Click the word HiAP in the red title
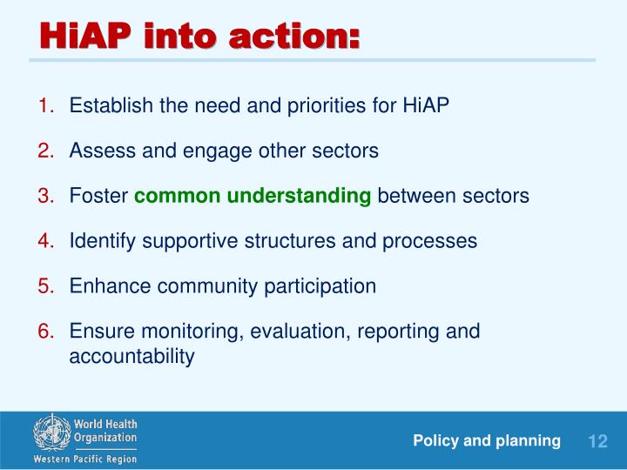tap(85, 36)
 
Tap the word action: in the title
tap(294, 37)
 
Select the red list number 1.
tap(46, 105)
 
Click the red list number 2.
tap(46, 151)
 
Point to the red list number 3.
tap(46, 196)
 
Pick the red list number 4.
tap(46, 241)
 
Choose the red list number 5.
tap(46, 286)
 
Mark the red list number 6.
tap(46, 332)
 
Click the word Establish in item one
tap(111, 105)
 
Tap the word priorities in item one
tap(327, 106)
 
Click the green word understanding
tap(299, 197)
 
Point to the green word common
tap(178, 197)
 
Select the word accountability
tap(132, 357)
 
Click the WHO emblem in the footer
tap(52, 433)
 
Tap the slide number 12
tap(597, 441)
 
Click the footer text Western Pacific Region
tap(85, 460)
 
